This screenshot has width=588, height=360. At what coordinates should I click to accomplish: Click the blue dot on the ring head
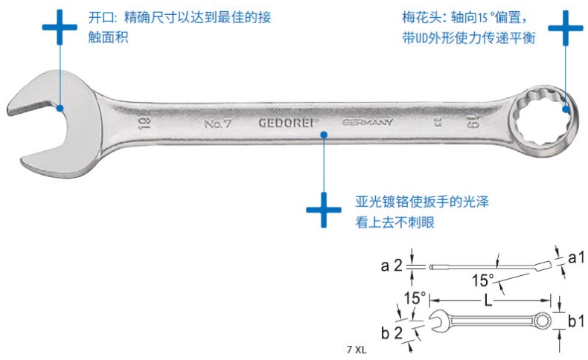tap(566, 109)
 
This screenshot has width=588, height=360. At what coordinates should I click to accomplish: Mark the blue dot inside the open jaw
tap(60, 108)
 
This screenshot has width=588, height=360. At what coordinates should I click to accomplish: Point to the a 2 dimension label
tap(392, 265)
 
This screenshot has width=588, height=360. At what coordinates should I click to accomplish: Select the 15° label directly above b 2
tap(415, 298)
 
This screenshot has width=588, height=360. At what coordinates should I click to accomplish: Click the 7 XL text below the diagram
tap(357, 348)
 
